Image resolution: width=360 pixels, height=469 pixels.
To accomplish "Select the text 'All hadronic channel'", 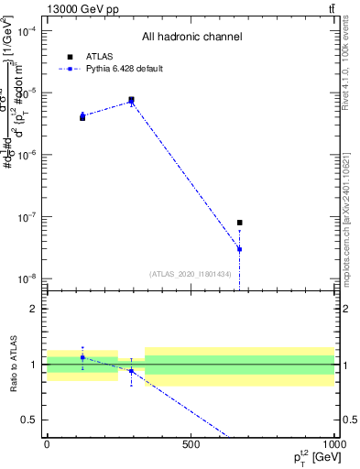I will [x=191, y=38].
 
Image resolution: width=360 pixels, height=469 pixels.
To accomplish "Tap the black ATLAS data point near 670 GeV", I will [x=240, y=223].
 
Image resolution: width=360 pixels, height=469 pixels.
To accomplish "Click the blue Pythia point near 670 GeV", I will [x=240, y=249].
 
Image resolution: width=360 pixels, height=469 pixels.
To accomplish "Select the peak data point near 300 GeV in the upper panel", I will [x=132, y=100].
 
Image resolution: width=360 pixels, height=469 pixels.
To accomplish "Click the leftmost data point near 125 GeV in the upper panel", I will [x=82, y=116].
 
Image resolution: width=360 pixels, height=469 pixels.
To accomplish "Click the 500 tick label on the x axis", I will [x=191, y=444].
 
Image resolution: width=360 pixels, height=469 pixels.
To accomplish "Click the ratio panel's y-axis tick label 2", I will [x=35, y=309].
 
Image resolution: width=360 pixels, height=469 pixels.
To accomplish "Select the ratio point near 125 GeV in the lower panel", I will [x=82, y=357].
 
